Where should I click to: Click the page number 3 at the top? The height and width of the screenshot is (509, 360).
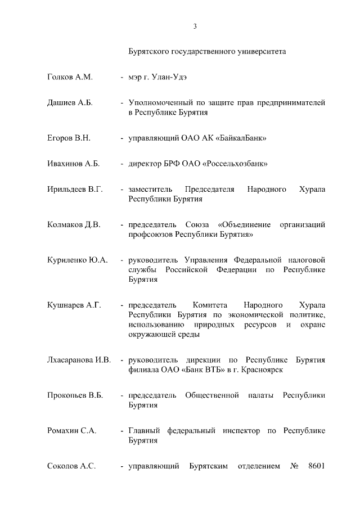pos(195,26)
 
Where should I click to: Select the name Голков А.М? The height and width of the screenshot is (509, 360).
pos(70,76)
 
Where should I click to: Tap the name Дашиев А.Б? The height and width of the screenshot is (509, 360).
pos(70,103)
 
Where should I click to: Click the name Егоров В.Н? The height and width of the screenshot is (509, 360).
pos(69,137)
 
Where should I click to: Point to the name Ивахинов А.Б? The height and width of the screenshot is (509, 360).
pos(73,164)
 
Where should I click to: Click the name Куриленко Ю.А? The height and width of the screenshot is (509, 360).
pos(77,260)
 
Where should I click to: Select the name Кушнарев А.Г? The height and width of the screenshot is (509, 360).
pos(74,305)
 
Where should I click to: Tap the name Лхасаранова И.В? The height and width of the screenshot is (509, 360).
pos(79,359)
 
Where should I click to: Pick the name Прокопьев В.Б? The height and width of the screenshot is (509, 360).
pos(75,395)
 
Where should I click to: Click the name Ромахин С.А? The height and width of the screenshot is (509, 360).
pos(72,430)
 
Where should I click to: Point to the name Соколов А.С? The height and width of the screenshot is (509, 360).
pos(71,466)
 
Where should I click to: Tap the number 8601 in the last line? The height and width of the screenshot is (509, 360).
pos(317,466)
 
